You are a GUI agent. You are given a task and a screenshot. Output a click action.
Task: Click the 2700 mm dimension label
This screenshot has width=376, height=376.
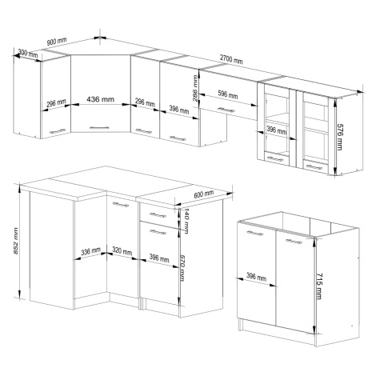[x=231, y=59]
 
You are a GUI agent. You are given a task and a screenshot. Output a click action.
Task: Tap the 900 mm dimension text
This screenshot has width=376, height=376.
[x=57, y=42]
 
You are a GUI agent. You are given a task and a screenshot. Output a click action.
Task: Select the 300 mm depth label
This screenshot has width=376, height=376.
[x=28, y=54]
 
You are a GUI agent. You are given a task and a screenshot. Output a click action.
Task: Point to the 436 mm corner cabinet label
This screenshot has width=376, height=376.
[x=101, y=99]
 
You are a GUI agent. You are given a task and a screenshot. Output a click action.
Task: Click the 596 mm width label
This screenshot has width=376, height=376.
[x=228, y=94]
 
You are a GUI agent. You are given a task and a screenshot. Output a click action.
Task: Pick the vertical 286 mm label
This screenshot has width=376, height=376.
[x=195, y=88]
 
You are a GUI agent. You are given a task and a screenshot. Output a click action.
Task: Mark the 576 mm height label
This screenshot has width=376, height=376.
[x=339, y=137]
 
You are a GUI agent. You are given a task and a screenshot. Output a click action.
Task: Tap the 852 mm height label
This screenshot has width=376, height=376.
[x=16, y=241]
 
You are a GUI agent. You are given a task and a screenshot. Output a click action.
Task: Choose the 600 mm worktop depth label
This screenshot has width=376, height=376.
[x=203, y=194]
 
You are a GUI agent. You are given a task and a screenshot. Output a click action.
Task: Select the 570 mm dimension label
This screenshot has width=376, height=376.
[x=182, y=267]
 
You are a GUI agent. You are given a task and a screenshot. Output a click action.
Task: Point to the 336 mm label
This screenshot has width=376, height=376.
[x=90, y=251]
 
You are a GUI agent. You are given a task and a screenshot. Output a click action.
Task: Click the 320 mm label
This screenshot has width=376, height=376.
[x=122, y=250]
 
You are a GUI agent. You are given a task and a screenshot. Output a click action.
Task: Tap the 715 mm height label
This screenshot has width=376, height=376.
[x=319, y=286]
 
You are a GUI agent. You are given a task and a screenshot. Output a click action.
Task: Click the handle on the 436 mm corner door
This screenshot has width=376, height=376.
[x=99, y=127]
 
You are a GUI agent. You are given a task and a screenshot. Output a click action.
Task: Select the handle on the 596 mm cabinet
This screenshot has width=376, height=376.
[x=226, y=110]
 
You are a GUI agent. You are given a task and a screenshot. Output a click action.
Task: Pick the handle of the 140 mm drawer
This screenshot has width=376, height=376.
[x=158, y=215]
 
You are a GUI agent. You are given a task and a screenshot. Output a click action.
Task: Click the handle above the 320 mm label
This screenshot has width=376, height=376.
[x=121, y=205]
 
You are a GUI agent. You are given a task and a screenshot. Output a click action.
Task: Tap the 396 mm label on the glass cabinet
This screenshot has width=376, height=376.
[x=277, y=130]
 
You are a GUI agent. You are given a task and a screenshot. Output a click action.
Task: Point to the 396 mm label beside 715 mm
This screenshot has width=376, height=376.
[x=256, y=277]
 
